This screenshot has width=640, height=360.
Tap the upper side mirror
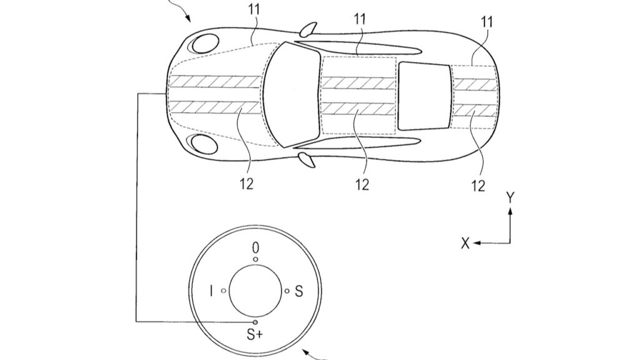click(308, 29)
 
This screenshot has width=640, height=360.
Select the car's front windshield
click(292, 94)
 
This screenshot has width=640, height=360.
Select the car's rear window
click(425, 96)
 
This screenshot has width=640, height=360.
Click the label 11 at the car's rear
click(487, 22)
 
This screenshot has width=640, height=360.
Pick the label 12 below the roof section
click(362, 184)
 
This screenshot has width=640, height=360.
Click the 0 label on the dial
click(255, 248)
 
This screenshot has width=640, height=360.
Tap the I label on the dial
click(212, 291)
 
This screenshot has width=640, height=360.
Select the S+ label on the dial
click(254, 335)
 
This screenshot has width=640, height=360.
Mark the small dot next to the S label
click(287, 291)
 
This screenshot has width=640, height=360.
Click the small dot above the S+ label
click(255, 322)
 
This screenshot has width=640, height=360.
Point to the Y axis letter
click(511, 198)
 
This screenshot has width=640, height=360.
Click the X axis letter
click(465, 244)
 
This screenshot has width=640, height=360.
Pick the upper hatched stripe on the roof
click(359, 82)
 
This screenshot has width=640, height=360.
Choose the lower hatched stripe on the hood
click(214, 107)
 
